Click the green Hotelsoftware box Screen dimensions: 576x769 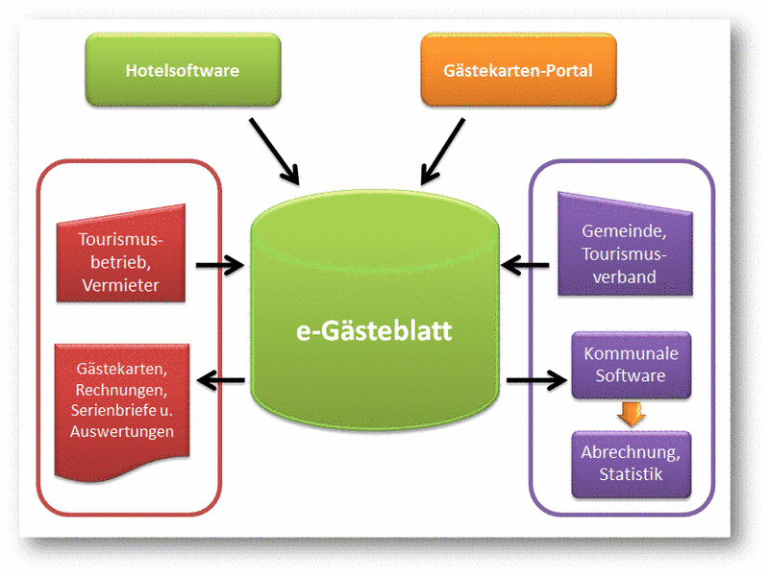pos(183,70)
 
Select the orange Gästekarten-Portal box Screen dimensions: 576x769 pos(518,70)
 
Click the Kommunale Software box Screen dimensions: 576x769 pos(631,365)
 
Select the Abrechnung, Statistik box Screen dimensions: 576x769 pos(631,464)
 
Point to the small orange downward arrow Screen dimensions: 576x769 pos(631,414)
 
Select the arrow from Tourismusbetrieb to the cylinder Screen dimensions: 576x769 pos(220,265)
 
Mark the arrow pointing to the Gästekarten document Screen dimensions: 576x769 pos(220,381)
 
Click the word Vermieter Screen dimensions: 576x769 pos(120,285)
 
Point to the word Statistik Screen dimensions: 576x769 pos(631,474)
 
